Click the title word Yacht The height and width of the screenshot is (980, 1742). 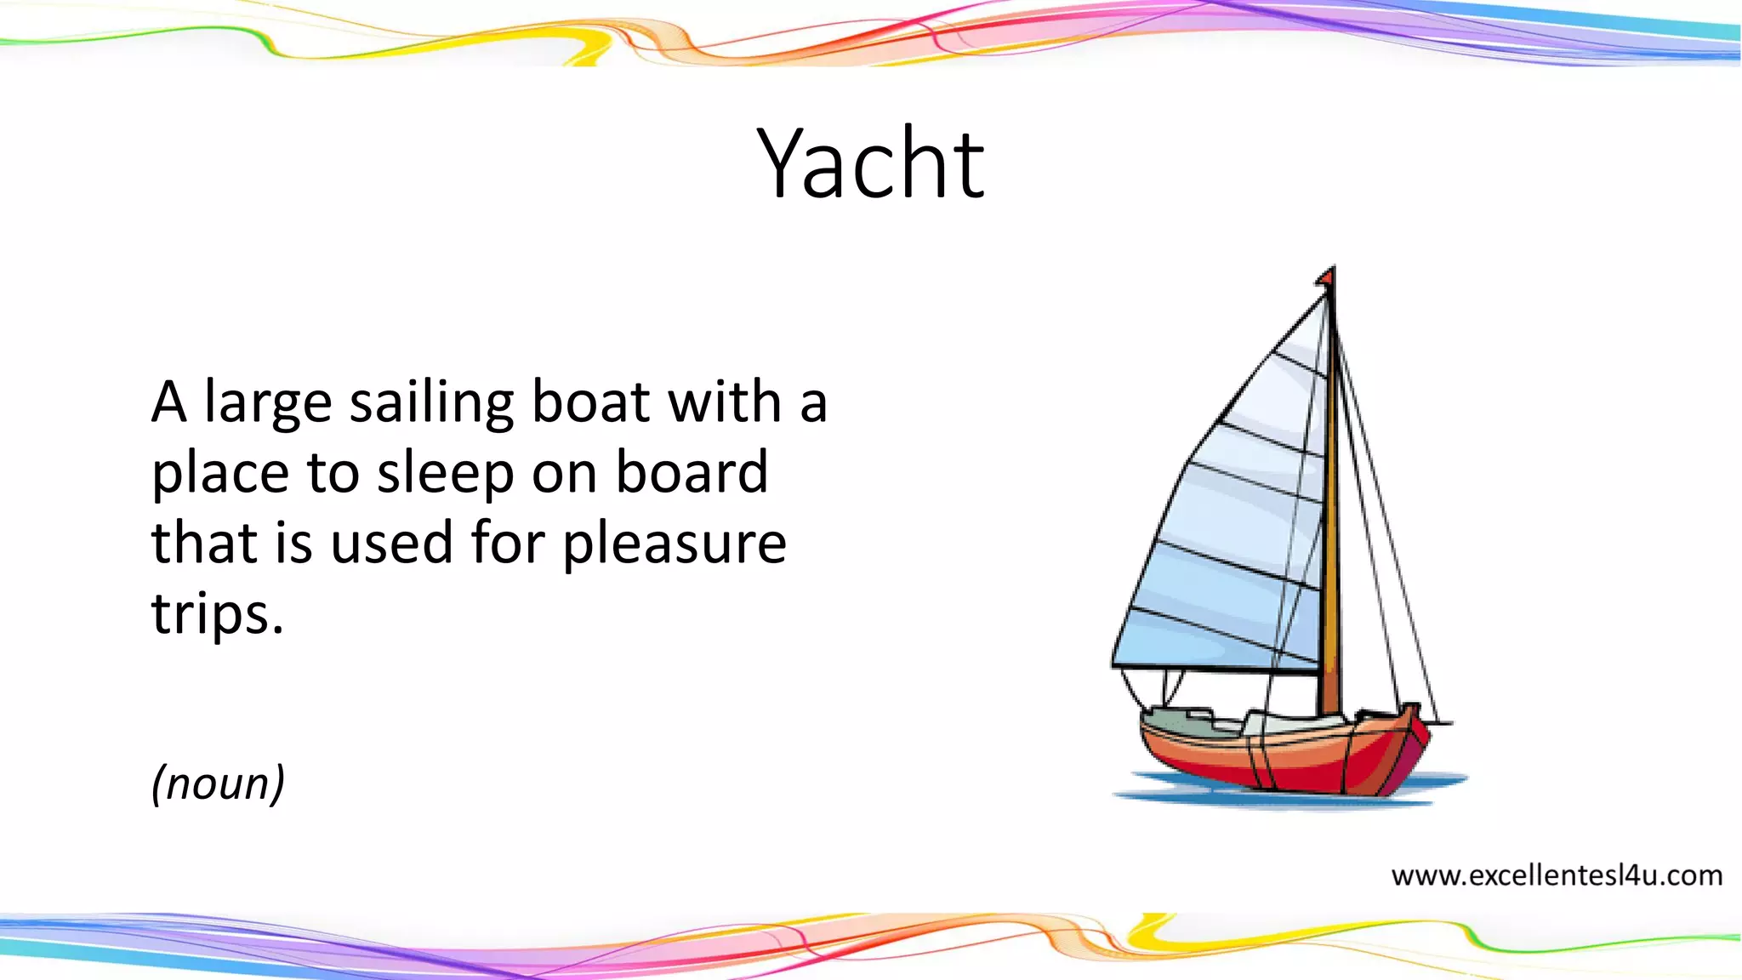870,163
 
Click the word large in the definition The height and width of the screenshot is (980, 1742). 267,403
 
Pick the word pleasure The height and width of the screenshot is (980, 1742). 675,544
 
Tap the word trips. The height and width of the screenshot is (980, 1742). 217,614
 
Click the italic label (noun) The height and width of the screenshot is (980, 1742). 218,783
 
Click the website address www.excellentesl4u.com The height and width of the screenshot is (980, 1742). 1557,875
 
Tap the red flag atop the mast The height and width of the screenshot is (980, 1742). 1325,276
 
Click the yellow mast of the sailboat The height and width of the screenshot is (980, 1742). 1331,510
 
